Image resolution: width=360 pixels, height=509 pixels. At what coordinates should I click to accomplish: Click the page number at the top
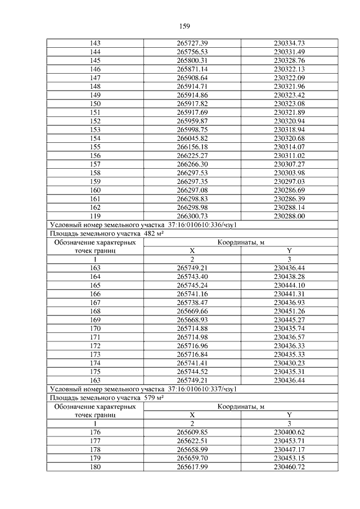185,26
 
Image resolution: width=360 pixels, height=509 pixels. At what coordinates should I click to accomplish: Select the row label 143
94,43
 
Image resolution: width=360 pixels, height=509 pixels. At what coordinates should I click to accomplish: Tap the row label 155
94,146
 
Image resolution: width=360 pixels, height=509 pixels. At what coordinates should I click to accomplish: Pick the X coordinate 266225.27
192,155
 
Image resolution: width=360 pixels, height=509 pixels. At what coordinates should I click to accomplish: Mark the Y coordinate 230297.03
289,182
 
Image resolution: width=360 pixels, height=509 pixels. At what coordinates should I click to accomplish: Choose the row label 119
94,215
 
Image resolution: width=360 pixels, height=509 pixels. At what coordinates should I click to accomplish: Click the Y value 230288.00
289,215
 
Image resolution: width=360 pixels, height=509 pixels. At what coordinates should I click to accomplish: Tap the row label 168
94,312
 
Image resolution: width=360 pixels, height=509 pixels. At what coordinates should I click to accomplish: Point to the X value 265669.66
192,312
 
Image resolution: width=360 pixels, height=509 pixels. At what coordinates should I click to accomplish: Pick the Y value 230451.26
289,312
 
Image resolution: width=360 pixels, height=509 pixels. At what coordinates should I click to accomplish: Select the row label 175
94,372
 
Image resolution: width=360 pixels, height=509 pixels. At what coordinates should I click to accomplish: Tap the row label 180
94,468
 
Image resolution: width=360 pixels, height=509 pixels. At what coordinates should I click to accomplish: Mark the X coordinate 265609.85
192,432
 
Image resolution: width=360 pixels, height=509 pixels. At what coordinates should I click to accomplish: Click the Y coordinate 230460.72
289,468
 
